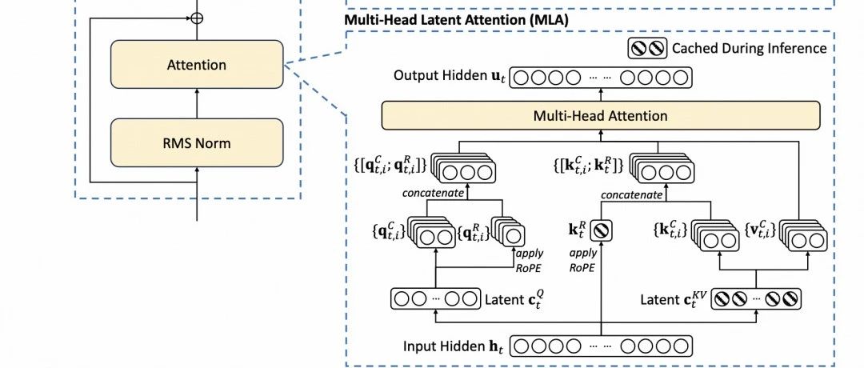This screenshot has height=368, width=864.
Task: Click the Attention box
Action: [197, 65]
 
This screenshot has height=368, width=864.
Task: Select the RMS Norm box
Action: [197, 144]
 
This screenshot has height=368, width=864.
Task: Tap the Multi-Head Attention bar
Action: [600, 116]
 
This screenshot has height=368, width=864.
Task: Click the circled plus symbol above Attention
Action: [197, 16]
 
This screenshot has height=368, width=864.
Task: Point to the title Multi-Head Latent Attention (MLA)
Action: [457, 18]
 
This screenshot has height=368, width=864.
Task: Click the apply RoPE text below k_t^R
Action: [584, 261]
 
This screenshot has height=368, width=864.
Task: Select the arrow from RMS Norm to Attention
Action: [197, 104]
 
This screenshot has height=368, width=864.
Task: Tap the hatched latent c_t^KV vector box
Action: [756, 301]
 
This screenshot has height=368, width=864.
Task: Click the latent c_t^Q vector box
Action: [435, 301]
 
